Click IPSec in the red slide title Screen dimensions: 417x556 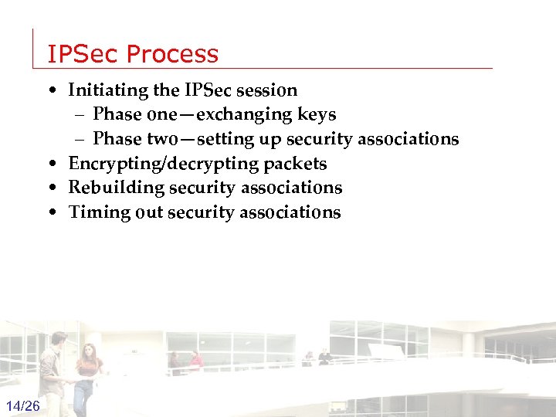pyautogui.click(x=83, y=54)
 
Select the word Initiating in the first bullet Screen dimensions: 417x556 pyautogui.click(x=108, y=90)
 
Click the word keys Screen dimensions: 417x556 pyautogui.click(x=316, y=115)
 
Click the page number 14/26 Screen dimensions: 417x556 pyautogui.click(x=23, y=406)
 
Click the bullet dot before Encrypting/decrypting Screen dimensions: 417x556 pyautogui.click(x=50, y=164)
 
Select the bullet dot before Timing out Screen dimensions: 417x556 pyautogui.click(x=50, y=213)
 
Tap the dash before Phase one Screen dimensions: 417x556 pyautogui.click(x=81, y=115)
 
